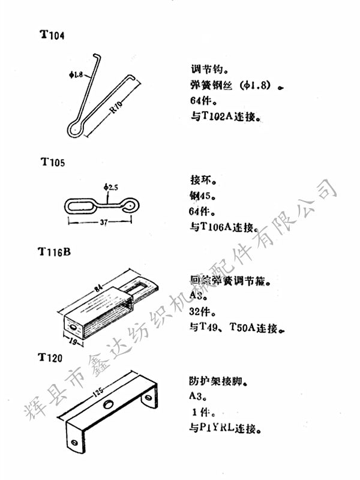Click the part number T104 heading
pyautogui.click(x=52, y=34)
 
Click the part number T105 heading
pyautogui.click(x=53, y=162)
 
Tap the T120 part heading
pyautogui.click(x=50, y=358)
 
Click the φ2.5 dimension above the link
pyautogui.click(x=110, y=188)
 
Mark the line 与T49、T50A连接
pyautogui.click(x=232, y=328)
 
